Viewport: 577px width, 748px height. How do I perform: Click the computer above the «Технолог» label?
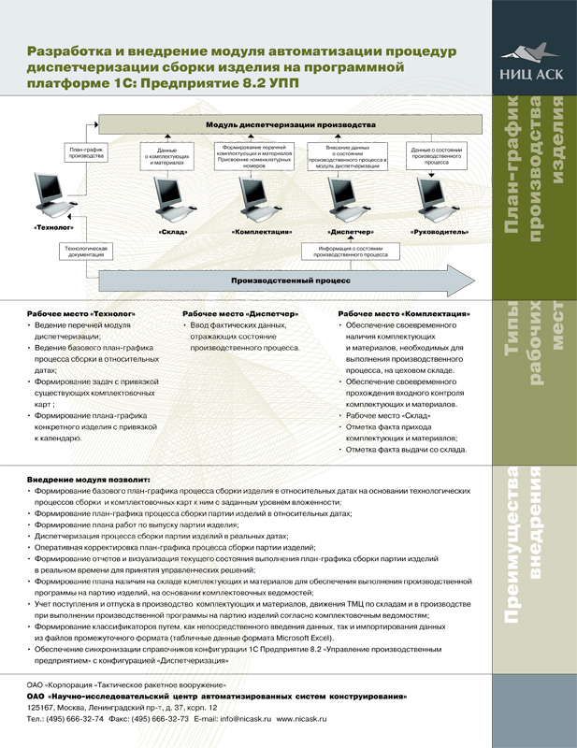pyautogui.click(x=58, y=196)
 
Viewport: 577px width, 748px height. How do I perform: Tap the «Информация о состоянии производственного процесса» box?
pyautogui.click(x=351, y=251)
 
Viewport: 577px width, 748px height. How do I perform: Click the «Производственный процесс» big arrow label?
pyautogui.click(x=291, y=280)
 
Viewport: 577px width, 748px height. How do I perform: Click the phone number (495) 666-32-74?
pyautogui.click(x=74, y=720)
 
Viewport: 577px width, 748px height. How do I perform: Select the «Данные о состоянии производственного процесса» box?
pyautogui.click(x=438, y=155)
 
